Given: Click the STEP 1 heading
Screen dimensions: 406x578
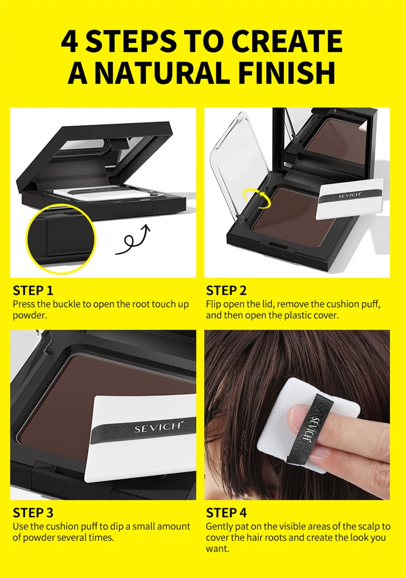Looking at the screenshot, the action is click(x=33, y=291).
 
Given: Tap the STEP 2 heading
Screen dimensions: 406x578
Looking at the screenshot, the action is click(x=226, y=291).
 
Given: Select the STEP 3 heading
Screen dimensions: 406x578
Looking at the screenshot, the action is click(x=33, y=513).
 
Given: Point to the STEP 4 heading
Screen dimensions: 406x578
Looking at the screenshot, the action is click(x=226, y=513).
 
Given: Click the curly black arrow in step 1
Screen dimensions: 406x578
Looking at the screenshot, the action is click(x=133, y=241).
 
